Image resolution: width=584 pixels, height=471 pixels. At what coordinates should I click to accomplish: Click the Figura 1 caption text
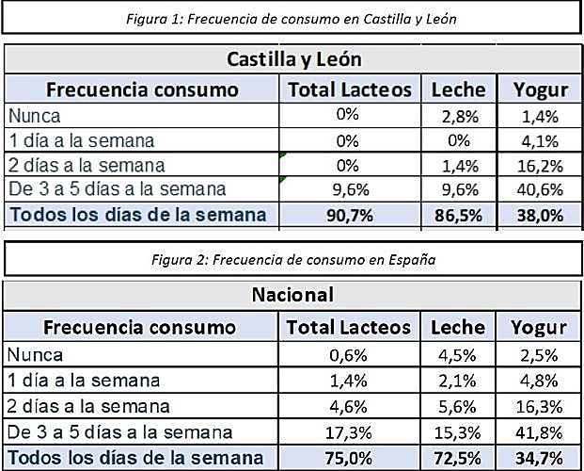click(292, 17)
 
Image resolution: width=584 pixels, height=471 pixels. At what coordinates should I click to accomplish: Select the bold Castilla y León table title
click(292, 59)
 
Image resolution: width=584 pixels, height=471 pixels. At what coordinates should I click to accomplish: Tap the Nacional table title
click(292, 296)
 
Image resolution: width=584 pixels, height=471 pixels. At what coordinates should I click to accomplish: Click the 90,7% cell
click(349, 215)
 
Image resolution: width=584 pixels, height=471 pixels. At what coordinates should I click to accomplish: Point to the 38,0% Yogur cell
click(540, 215)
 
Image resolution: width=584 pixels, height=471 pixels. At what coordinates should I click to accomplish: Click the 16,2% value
click(540, 165)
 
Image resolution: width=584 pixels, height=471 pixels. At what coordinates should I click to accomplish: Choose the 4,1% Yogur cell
click(540, 140)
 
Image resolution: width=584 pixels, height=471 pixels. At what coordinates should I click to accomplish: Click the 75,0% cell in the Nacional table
click(349, 457)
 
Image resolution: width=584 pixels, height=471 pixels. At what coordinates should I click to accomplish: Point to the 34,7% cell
click(540, 457)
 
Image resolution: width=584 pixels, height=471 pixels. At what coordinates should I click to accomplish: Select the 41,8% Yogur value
click(540, 431)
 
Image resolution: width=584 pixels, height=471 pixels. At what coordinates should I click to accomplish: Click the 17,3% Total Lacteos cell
click(349, 431)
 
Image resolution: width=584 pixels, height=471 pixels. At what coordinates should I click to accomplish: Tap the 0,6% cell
click(349, 355)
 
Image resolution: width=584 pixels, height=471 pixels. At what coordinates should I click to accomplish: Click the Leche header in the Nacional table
click(457, 327)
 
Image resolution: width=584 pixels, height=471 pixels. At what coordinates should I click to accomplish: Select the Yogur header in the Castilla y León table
click(540, 89)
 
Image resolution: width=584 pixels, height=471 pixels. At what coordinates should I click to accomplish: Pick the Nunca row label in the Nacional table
click(35, 355)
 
